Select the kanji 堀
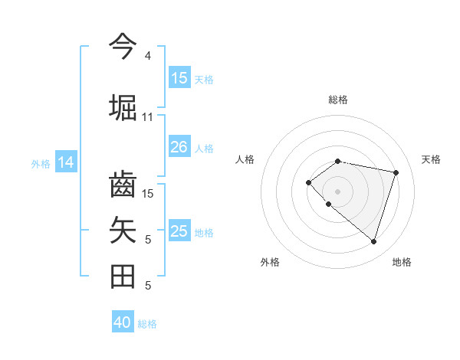pos(123,106)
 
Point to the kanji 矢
pos(123,230)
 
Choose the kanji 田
pos(123,276)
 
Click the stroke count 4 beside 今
pos(148,56)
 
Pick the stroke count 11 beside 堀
pos(148,117)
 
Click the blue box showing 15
pos(179,78)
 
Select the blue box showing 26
pos(179,147)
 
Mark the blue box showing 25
pos(179,231)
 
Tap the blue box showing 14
pos(66,162)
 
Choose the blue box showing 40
pos(123,322)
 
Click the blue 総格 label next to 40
pos(147,324)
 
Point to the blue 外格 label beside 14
pos(41,164)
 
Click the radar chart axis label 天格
pos(431,159)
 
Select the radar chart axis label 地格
pos(402,262)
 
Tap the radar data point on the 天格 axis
pos(396,172)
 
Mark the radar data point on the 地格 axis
pos(373,241)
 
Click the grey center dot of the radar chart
pos(337,191)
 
